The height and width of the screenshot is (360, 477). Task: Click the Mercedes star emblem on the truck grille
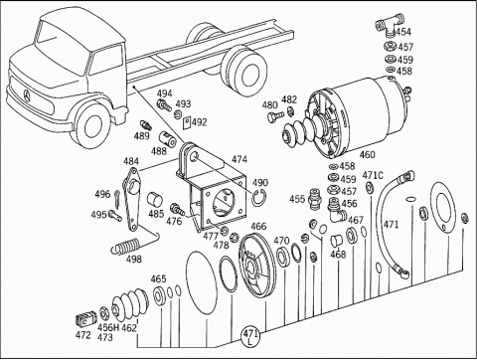27,95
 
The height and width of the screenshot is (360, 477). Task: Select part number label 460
367,154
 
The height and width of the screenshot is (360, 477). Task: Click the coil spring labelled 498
127,247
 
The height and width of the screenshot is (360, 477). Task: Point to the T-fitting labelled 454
390,25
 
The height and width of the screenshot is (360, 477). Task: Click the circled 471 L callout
250,336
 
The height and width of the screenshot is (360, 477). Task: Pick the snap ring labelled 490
259,198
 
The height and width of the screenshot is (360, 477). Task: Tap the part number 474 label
239,159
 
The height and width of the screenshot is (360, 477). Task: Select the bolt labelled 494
164,104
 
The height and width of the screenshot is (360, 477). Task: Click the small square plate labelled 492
187,122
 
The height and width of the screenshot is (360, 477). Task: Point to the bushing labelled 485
154,200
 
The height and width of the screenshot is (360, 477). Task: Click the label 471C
373,175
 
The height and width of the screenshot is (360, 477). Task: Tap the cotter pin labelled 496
118,198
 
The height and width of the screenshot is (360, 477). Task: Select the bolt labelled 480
275,116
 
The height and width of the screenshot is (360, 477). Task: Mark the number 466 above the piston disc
258,226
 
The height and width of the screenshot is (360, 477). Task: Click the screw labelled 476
177,209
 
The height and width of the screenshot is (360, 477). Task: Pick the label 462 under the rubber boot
129,328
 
